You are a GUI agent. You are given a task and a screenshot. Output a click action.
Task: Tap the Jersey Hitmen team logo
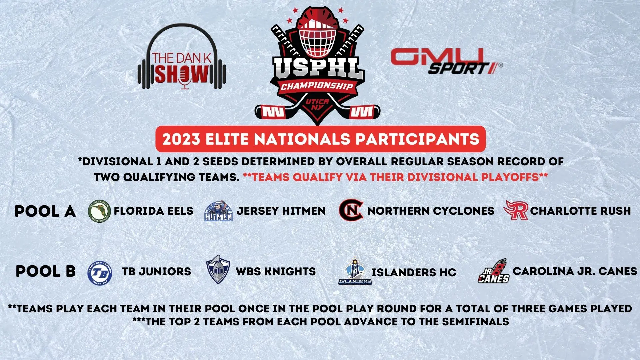(218, 211)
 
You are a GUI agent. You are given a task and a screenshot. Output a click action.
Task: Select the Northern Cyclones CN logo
(351, 210)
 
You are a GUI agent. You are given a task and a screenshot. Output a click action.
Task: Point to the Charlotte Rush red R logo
(516, 210)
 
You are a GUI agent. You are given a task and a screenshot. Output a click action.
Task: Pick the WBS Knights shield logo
(218, 270)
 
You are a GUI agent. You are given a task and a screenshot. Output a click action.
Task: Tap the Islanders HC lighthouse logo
(355, 271)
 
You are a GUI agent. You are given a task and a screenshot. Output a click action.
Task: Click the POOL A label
(45, 211)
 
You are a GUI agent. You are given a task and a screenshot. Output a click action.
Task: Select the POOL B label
(46, 271)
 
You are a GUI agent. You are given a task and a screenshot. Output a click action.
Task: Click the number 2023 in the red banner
(181, 139)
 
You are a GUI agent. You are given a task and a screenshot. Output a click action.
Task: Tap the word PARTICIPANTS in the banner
(417, 139)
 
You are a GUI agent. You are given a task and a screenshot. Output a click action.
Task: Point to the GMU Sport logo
(446, 61)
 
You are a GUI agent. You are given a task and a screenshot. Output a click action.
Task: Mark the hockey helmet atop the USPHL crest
(317, 33)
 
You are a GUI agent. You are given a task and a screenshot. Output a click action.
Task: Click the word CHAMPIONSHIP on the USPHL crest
(317, 86)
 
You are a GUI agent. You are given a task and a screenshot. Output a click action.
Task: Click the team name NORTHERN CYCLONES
(431, 211)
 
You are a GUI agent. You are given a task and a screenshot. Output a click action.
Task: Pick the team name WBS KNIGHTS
(276, 271)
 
